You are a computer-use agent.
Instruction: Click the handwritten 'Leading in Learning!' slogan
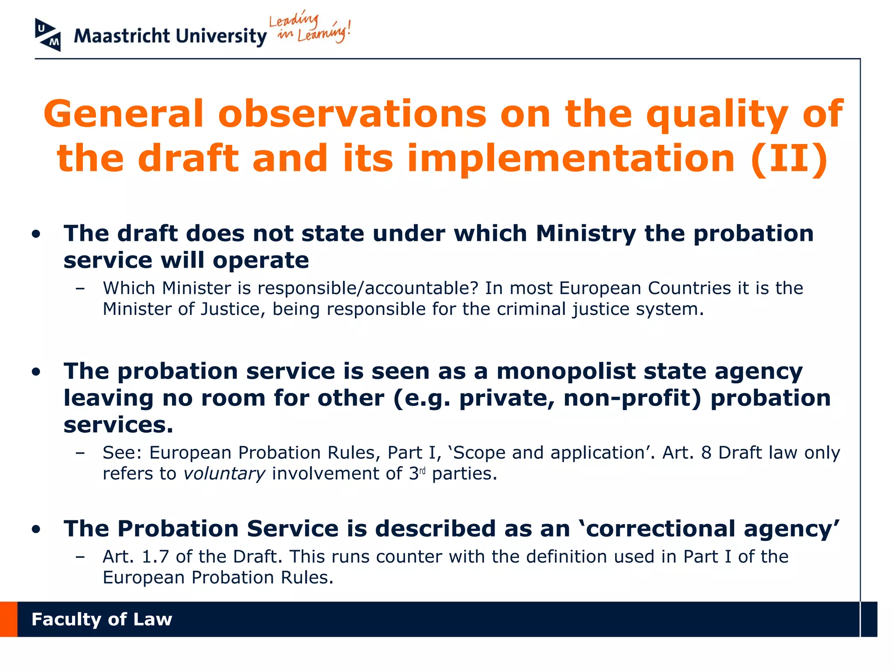coord(309,27)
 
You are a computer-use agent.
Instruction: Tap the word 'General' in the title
coord(123,114)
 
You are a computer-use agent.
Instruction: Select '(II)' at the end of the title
coord(789,158)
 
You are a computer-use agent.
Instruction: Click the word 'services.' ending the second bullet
coord(118,425)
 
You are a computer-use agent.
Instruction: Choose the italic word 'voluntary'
coord(224,474)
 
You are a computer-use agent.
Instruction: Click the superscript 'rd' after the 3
coord(422,471)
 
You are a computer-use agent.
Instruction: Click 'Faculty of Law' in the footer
coord(102,619)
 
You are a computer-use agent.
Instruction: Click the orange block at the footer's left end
coord(8,619)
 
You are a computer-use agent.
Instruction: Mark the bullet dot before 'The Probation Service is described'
coord(36,530)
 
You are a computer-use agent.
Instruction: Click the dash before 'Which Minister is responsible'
coord(80,288)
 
